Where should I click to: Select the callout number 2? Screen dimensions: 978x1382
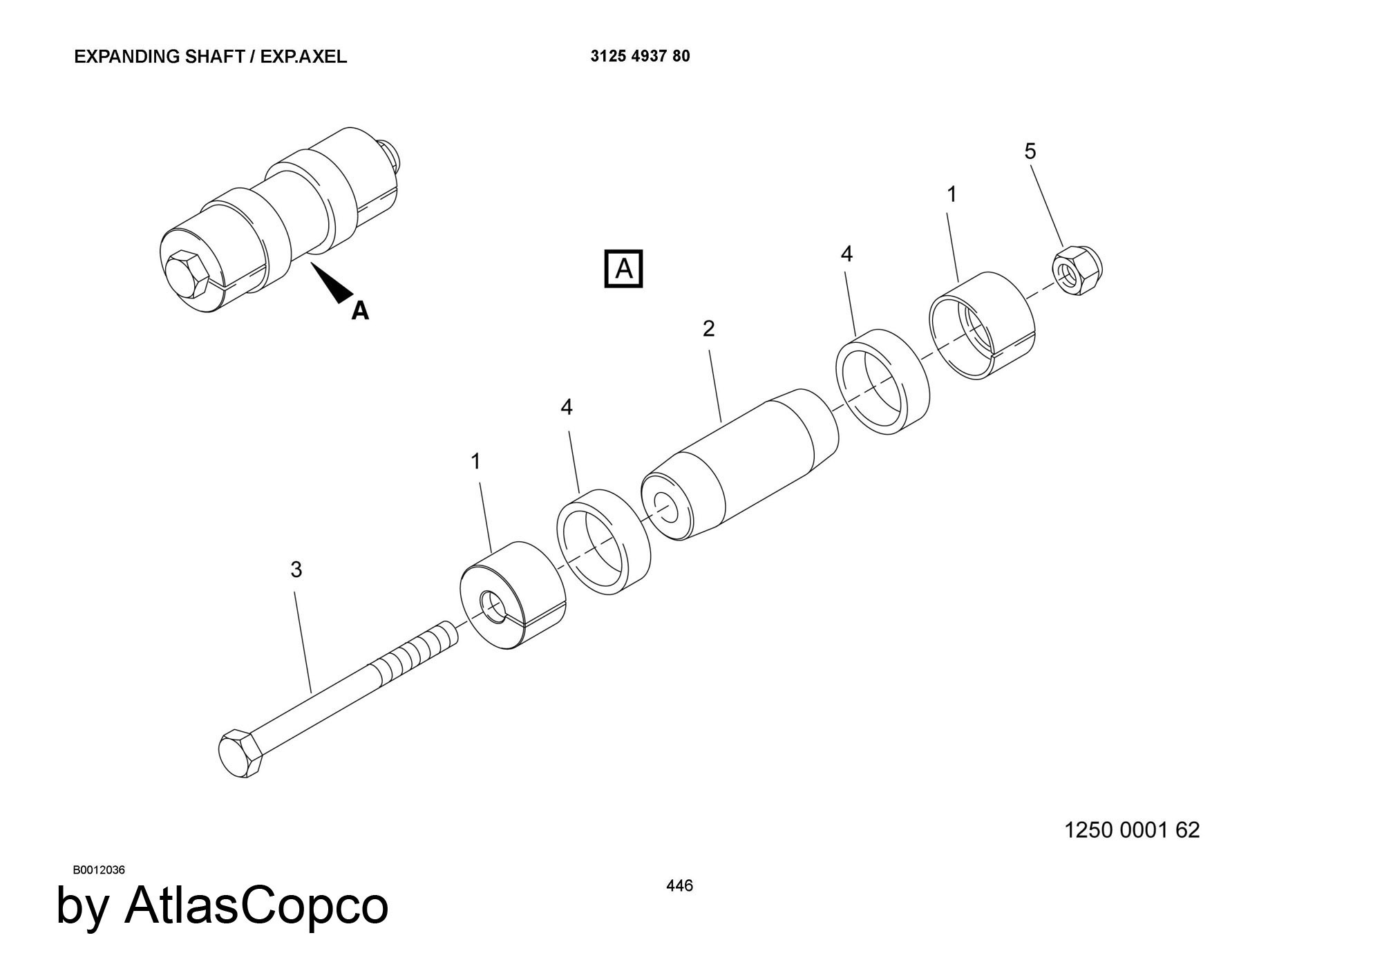point(708,329)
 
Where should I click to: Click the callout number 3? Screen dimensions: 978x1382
point(296,570)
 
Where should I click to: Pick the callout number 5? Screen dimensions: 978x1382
point(1030,151)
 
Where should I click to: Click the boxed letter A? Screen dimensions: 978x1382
point(623,268)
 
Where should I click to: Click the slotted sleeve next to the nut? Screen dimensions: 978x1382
point(981,325)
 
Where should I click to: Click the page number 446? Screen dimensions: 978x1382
point(679,885)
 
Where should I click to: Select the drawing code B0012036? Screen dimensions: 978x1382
point(99,870)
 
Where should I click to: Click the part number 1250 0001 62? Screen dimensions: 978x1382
point(1131,830)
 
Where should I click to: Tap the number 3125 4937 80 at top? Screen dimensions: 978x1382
point(640,57)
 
